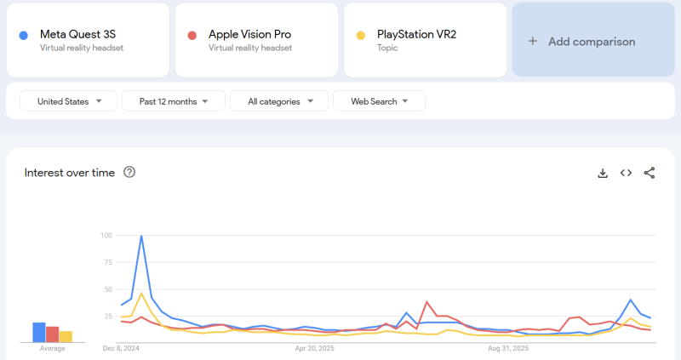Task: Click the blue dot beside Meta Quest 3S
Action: pyautogui.click(x=24, y=35)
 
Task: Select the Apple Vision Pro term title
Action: pyautogui.click(x=249, y=34)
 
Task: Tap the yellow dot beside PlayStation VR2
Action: pyautogui.click(x=361, y=35)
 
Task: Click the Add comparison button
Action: pyautogui.click(x=582, y=41)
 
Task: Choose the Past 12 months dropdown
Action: pyautogui.click(x=174, y=101)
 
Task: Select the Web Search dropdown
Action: pyautogui.click(x=380, y=101)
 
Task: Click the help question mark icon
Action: pyautogui.click(x=129, y=172)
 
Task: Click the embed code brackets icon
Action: pyautogui.click(x=626, y=173)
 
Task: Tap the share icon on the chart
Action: pyautogui.click(x=650, y=173)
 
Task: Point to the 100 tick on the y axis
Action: pyautogui.click(x=106, y=235)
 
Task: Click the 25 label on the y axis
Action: pyautogui.click(x=108, y=317)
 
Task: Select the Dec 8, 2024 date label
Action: pyautogui.click(x=121, y=348)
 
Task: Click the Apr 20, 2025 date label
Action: pyautogui.click(x=315, y=348)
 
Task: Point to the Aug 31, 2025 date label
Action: pyautogui.click(x=508, y=348)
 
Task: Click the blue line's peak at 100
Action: pyautogui.click(x=141, y=236)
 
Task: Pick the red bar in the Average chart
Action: pyautogui.click(x=53, y=334)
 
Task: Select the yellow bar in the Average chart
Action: pyautogui.click(x=66, y=336)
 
